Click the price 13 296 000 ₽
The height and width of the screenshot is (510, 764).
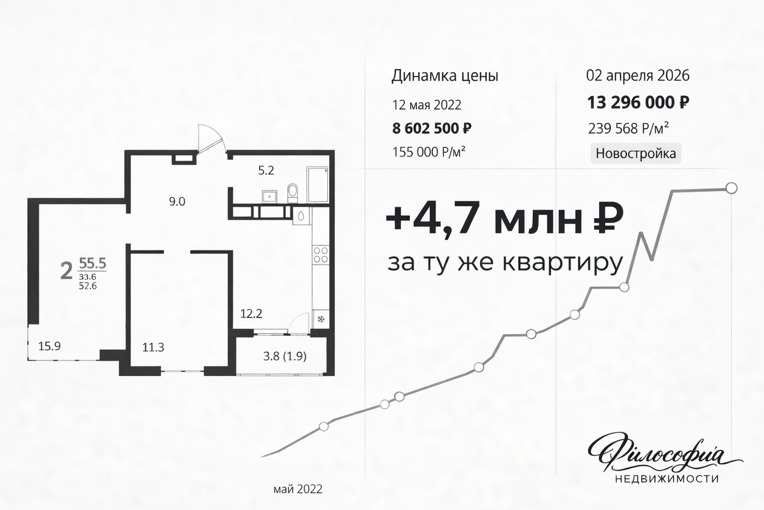tap(638, 103)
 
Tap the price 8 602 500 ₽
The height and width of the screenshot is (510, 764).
tap(432, 128)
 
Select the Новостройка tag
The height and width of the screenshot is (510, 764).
tap(636, 154)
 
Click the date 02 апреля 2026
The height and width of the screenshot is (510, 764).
tap(638, 75)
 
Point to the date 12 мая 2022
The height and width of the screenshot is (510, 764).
tap(427, 105)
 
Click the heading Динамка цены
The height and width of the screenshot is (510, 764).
tap(445, 76)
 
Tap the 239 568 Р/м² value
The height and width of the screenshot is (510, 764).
tap(628, 128)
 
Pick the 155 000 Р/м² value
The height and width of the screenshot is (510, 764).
tap(428, 152)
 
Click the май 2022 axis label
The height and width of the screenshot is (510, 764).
tap(298, 489)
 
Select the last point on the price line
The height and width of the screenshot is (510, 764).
tap(732, 188)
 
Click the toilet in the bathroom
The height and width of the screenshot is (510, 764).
tap(292, 193)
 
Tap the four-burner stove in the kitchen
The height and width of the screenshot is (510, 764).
tap(321, 255)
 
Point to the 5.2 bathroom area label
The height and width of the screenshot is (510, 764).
tap(266, 170)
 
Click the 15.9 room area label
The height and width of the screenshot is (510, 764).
tap(50, 346)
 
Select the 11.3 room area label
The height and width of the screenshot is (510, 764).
tap(153, 347)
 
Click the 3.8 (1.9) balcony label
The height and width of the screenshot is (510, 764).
tap(285, 356)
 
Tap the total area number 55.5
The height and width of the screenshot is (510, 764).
tap(92, 263)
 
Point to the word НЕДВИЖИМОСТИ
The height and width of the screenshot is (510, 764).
tap(667, 479)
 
